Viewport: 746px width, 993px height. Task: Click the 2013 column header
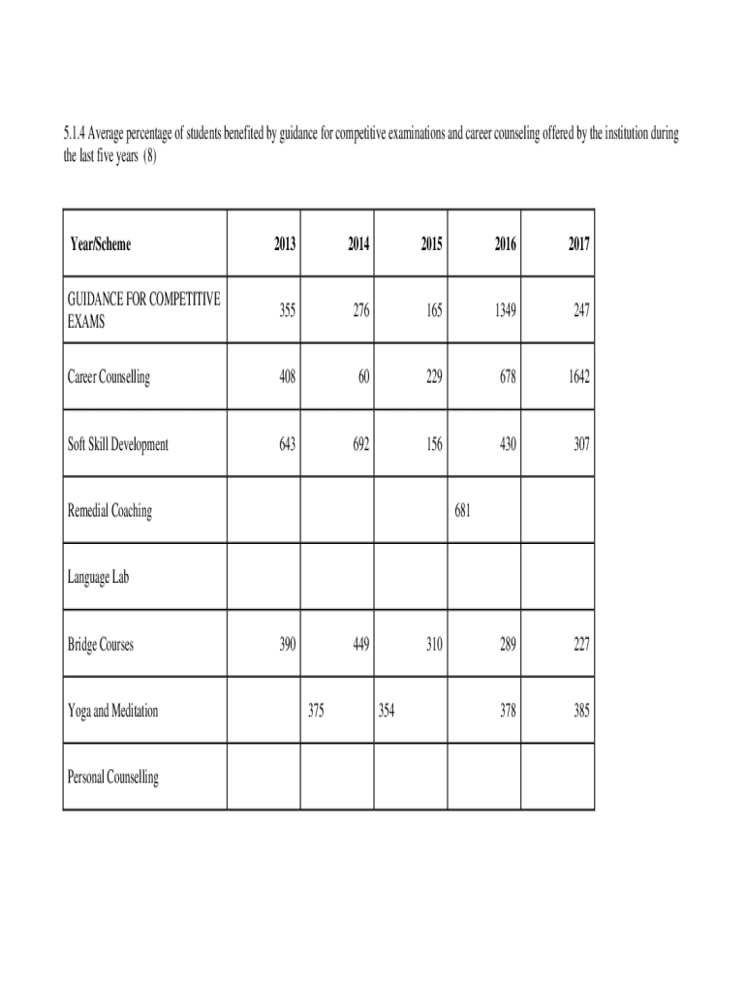coord(285,244)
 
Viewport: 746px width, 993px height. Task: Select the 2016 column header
coord(505,244)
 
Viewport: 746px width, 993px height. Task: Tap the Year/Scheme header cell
coord(101,244)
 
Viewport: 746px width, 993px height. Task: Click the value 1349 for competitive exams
coord(503,311)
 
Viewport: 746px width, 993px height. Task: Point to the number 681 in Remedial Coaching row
coord(462,511)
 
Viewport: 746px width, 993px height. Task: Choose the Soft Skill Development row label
coord(117,444)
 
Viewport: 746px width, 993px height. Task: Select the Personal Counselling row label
coord(113,777)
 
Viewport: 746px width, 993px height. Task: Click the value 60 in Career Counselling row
coord(362,378)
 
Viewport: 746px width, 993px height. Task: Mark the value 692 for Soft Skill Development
coord(358,444)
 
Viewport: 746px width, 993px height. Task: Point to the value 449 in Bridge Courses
coord(358,644)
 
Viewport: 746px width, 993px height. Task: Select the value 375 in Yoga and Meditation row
coord(316,711)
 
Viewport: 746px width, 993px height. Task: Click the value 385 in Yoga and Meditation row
coord(579,711)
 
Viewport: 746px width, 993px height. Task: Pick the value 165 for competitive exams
coord(432,311)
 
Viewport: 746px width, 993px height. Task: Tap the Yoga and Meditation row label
coord(112,711)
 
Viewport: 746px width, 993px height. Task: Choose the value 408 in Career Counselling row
coord(285,378)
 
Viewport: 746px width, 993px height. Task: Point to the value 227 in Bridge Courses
coord(579,644)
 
